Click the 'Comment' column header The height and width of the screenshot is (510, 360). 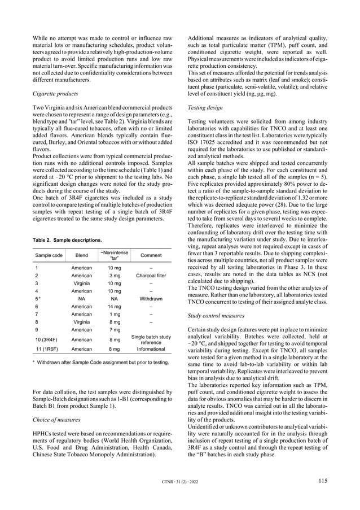tap(150, 255)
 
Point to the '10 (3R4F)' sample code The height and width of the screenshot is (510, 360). tap(48, 339)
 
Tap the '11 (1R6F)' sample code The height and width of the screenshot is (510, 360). tap(48, 350)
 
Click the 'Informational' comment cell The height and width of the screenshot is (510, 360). tap(150, 350)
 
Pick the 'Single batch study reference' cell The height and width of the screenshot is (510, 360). tap(150, 339)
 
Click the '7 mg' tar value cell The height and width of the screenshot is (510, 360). tap(115, 329)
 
